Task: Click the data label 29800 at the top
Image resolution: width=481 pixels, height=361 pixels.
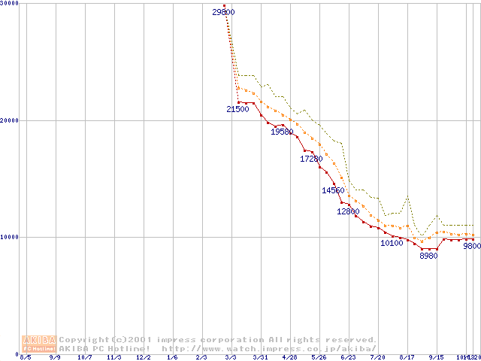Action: point(223,12)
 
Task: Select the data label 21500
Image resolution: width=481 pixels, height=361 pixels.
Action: point(237,109)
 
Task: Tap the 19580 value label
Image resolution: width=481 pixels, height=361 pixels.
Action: point(282,132)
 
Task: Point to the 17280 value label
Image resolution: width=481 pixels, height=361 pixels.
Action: point(311,159)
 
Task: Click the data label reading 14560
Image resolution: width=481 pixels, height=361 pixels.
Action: point(333,190)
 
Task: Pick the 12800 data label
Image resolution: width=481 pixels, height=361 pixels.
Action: point(348,211)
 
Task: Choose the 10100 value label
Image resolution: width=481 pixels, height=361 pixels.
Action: point(392,243)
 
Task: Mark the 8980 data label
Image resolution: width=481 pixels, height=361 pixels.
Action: point(428,256)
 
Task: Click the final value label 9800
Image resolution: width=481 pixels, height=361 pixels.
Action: point(471,246)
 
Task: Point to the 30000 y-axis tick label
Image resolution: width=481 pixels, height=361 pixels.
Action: point(10,4)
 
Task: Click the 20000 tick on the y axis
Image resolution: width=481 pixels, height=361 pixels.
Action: point(10,120)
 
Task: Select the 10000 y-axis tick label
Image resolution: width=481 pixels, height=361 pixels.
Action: point(10,237)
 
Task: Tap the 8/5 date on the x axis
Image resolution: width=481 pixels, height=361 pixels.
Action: point(26,357)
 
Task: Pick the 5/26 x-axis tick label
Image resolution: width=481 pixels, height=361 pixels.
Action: point(319,357)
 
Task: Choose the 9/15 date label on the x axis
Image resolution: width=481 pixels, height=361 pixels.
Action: point(436,357)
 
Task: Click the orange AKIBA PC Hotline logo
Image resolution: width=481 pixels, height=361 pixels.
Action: point(39,344)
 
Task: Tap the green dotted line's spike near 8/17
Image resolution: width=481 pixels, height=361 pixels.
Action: point(407,197)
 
